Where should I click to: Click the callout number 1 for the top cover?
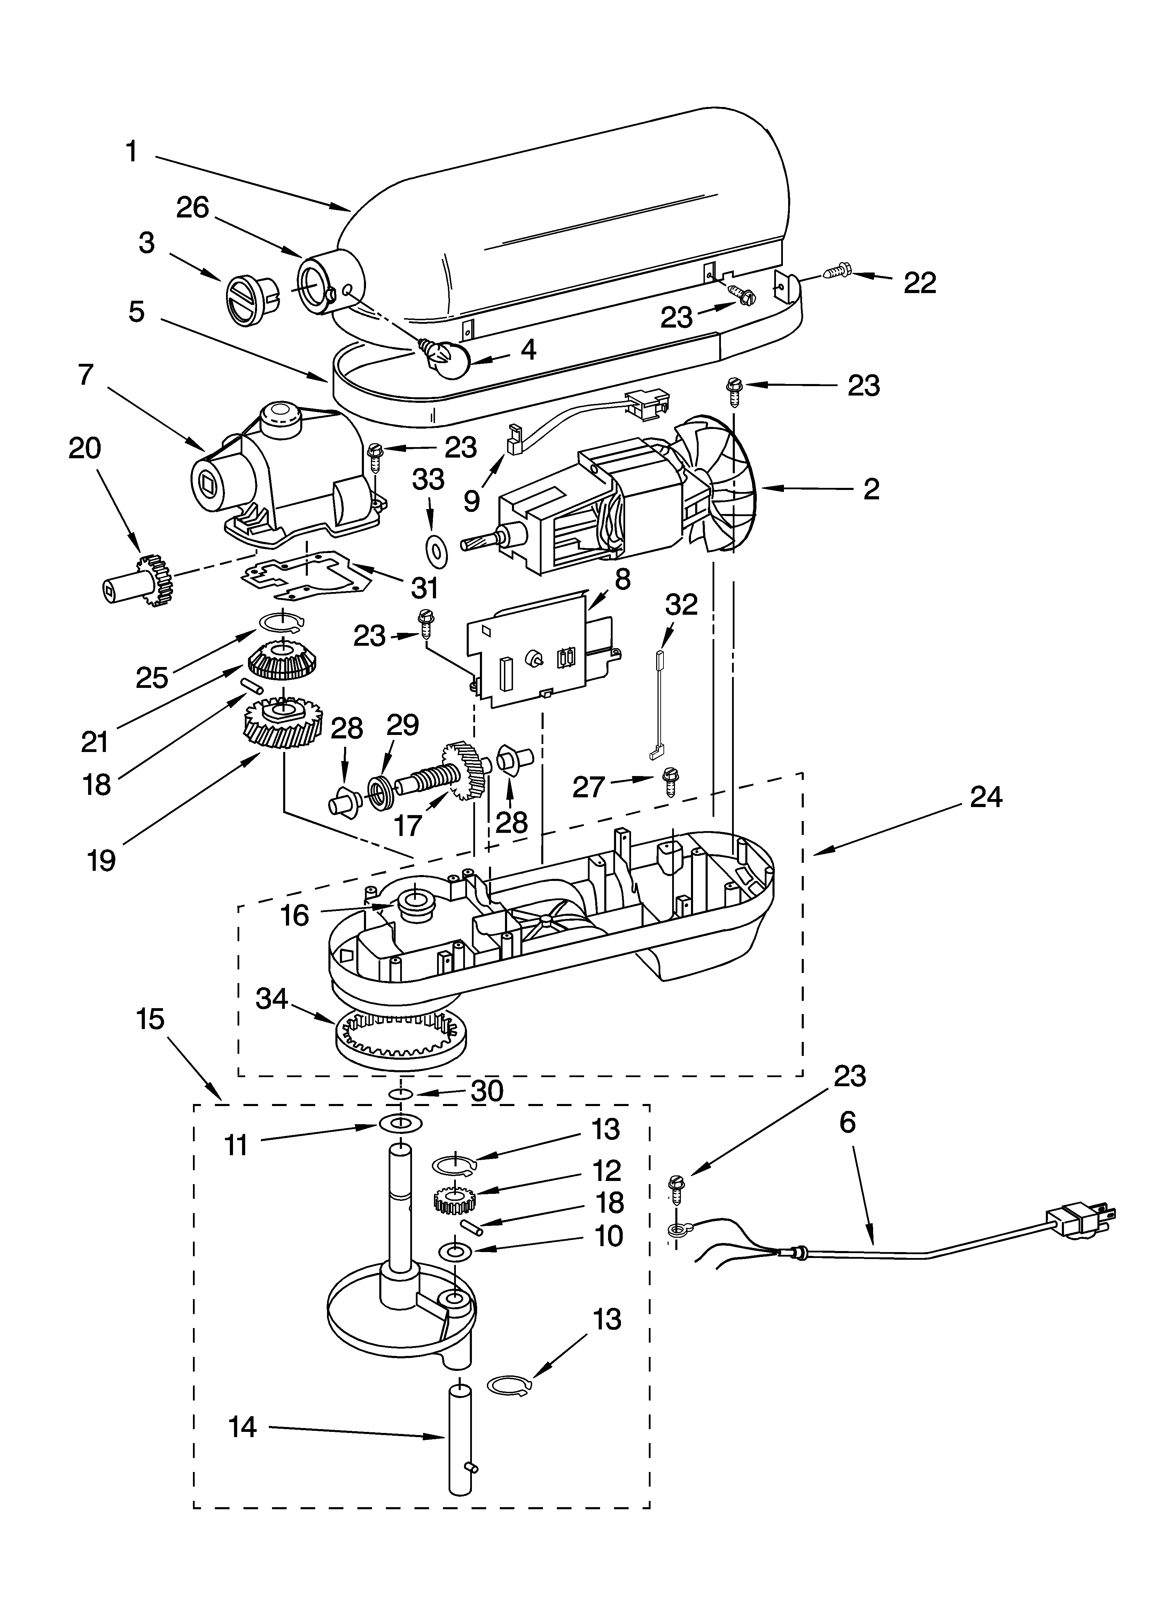131,152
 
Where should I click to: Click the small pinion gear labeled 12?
454,1200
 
